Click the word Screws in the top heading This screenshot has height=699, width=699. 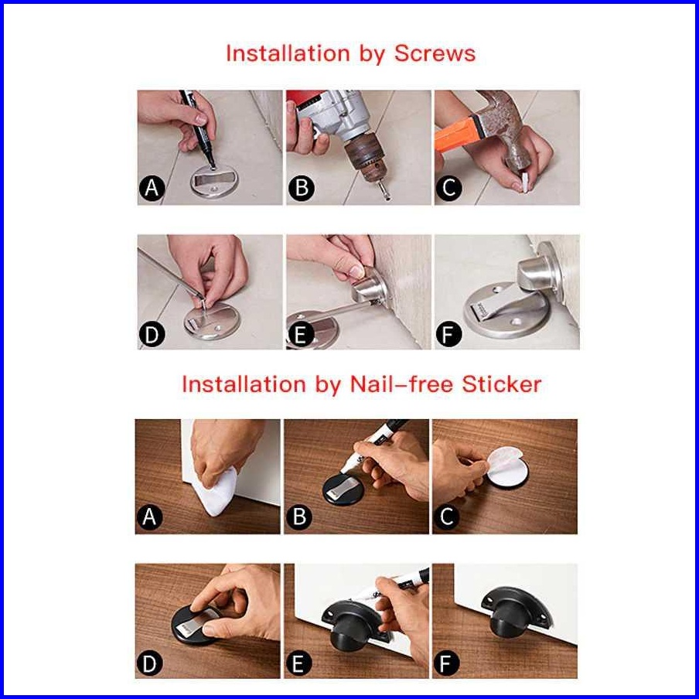[435, 53]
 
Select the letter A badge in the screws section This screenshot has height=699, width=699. [152, 188]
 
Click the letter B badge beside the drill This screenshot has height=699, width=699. [301, 188]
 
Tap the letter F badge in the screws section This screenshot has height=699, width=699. [448, 334]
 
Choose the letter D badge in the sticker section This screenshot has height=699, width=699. [150, 663]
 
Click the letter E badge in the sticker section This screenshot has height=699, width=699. [298, 663]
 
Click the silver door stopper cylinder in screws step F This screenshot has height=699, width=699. [535, 272]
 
